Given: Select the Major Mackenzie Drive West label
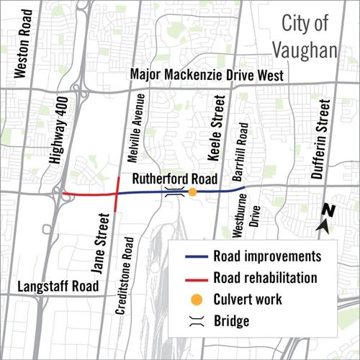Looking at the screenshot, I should (207, 76).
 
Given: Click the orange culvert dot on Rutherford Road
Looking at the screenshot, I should (193, 192).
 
